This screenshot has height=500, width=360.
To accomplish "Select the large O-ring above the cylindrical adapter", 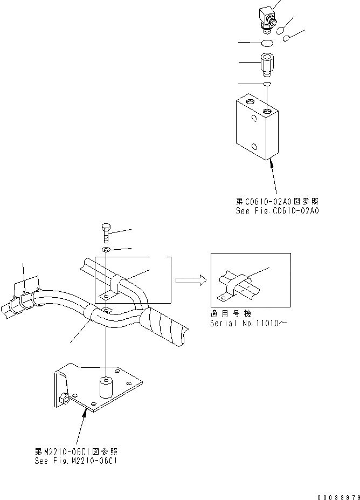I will pos(265,43).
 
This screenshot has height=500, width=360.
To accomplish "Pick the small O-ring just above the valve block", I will pos(267,84).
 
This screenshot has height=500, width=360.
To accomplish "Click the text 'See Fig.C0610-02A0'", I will pos(277,211).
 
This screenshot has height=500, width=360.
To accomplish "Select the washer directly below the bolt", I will pos(106,250).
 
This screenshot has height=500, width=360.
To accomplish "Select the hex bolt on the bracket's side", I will pos(64,400).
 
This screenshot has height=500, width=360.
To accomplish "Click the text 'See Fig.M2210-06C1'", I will pos(76,461).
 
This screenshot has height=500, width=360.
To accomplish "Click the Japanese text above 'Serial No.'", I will pos(231,314).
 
